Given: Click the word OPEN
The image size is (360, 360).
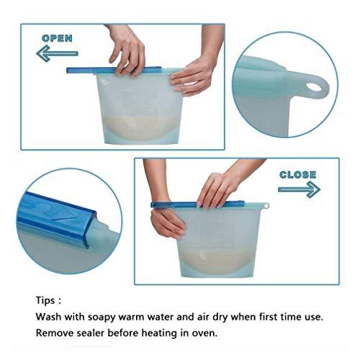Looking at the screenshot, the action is click(57, 38).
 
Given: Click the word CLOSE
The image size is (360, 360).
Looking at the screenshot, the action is click(297, 174).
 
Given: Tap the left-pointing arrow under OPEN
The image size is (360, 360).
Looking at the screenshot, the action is click(57, 53).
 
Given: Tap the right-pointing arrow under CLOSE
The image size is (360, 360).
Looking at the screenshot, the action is click(299, 189).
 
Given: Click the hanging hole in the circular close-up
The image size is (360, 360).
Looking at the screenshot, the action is click(314, 86).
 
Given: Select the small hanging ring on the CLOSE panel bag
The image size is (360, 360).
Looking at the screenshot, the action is click(266, 206).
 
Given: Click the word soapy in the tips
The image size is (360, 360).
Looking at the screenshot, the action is click(102, 318).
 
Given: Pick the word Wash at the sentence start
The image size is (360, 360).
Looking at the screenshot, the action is click(48, 317).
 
